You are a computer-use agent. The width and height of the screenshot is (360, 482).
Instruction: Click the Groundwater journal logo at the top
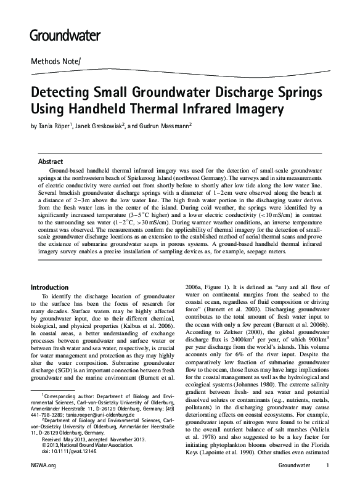[x=65, y=35]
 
